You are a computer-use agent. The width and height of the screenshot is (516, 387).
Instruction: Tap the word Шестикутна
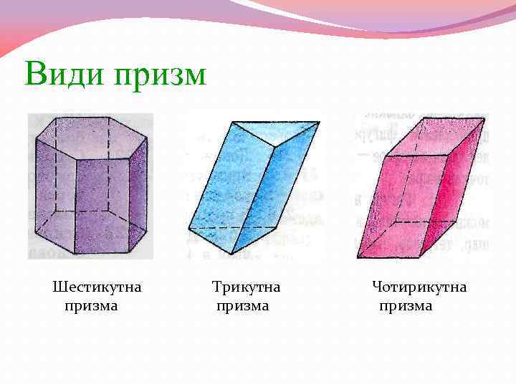coord(97,287)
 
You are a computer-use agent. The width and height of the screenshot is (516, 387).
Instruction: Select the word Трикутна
coord(246,287)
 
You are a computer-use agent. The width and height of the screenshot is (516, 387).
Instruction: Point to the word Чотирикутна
coord(419,287)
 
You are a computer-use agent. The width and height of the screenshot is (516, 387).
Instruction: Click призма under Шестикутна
coord(91,306)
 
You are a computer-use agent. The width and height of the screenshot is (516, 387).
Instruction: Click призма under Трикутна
coord(243,306)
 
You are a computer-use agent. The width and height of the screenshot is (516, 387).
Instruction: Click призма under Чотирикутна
coord(406,306)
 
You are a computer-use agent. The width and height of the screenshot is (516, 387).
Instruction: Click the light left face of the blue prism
coord(219,186)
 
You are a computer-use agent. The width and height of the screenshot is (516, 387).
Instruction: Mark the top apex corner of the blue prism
coord(233,122)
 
